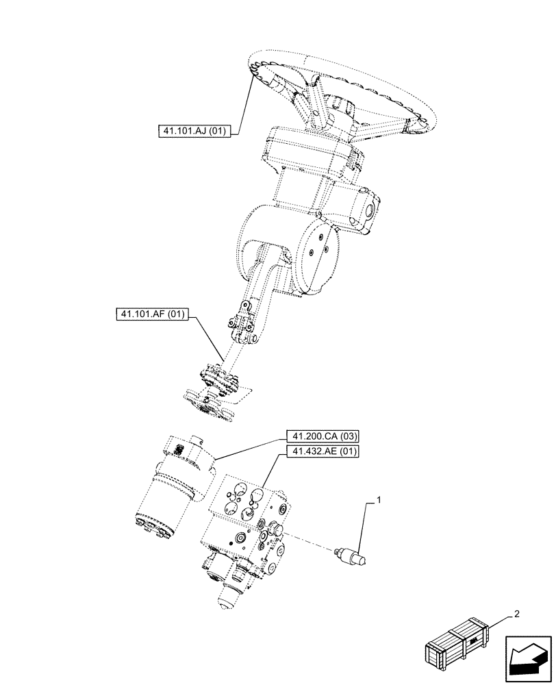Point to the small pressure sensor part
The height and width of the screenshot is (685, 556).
pos(352,555)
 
